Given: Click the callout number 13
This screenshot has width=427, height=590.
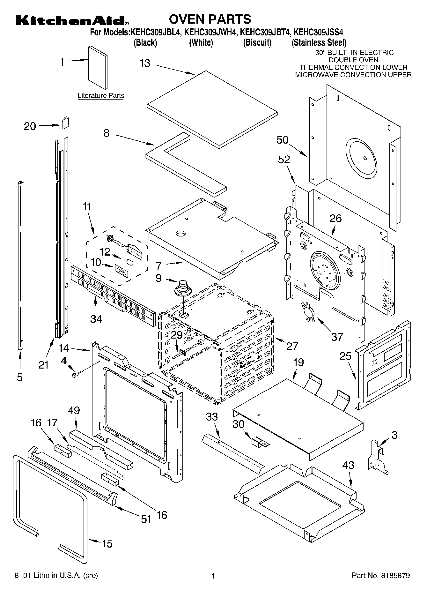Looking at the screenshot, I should coord(145,63).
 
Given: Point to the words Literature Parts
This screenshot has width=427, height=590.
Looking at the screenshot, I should coord(101,95).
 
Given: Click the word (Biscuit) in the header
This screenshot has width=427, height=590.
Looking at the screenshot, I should coord(257,42).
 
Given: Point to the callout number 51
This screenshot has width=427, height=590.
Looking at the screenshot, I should coord(146,519).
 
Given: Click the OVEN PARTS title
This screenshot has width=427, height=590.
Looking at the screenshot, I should coord(210,19).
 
